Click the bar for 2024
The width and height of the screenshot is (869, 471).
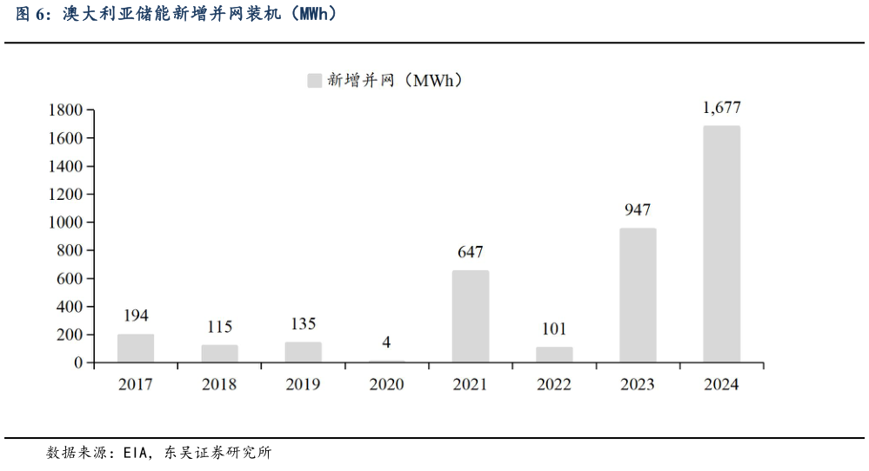click(721, 244)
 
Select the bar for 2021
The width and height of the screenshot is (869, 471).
click(471, 316)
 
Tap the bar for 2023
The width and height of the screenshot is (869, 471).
click(638, 295)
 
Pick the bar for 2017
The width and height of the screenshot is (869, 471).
click(136, 348)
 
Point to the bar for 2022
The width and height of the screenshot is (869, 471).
click(554, 355)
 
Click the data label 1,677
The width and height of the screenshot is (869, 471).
click(721, 108)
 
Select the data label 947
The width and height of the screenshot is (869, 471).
click(638, 209)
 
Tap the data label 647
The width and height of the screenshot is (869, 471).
click(471, 252)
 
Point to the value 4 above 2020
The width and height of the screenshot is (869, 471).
click(386, 342)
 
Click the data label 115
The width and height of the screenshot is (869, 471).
click(219, 327)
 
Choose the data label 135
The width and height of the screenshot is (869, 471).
click(303, 324)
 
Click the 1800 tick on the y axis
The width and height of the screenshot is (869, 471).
click(66, 110)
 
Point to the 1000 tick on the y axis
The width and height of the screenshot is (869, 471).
click(66, 222)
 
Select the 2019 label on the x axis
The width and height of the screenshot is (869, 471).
click(303, 384)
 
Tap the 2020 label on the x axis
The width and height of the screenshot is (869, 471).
click(386, 384)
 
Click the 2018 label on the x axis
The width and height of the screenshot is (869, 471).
click(219, 384)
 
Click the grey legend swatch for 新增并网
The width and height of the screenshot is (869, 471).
click(314, 81)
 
